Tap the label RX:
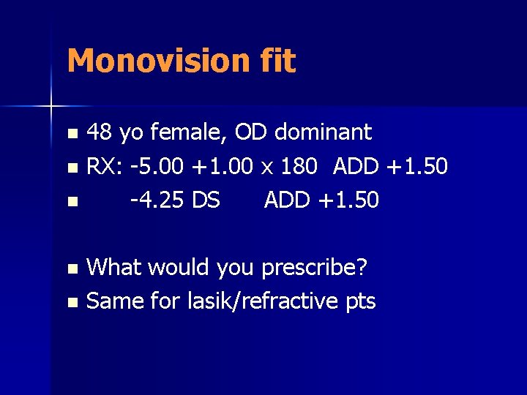point(105,167)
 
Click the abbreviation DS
point(206,200)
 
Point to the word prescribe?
point(315,268)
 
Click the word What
point(115,267)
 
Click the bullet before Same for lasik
point(71,301)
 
